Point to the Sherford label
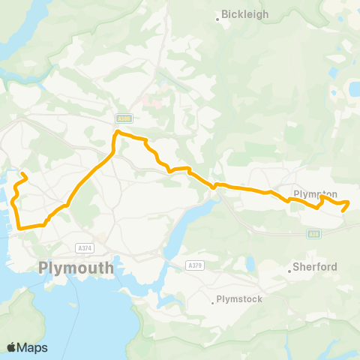point(315,267)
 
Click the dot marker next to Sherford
point(289,271)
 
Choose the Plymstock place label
point(238,300)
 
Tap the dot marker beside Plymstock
point(211,304)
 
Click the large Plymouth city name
point(76,268)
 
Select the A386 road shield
point(124,118)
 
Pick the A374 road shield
point(85,247)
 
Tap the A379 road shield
point(194,265)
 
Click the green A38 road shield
point(314,234)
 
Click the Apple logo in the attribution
point(12,347)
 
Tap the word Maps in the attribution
point(32,347)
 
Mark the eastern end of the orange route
point(343,211)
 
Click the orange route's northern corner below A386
point(117,133)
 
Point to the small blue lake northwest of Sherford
point(247,263)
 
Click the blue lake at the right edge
point(353,90)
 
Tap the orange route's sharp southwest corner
point(19,227)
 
